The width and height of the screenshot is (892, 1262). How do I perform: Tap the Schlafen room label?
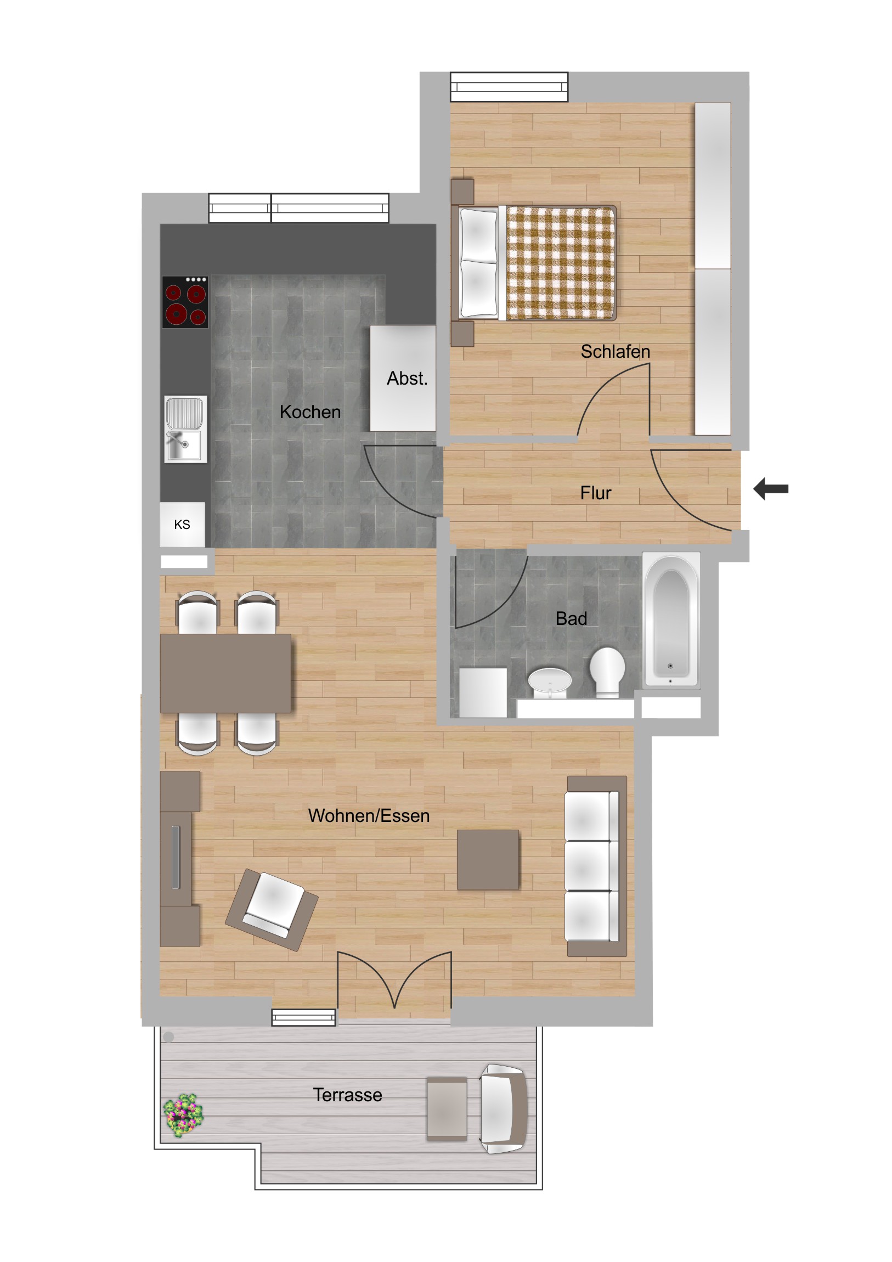click(x=615, y=352)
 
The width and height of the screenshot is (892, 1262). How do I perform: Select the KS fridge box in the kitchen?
click(x=183, y=525)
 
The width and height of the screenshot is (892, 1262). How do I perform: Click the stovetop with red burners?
click(x=185, y=302)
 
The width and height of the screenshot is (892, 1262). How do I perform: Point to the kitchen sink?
click(x=186, y=429)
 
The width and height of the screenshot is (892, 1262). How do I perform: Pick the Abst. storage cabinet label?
click(x=407, y=379)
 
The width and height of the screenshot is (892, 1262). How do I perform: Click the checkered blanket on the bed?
click(x=560, y=263)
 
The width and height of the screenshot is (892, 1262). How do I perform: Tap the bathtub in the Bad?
click(x=671, y=619)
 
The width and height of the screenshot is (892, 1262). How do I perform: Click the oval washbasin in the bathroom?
click(x=550, y=683)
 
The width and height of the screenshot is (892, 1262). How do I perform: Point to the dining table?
click(x=225, y=673)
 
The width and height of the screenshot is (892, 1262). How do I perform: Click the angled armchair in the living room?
click(x=272, y=909)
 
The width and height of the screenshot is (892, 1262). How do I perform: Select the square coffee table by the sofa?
click(x=488, y=859)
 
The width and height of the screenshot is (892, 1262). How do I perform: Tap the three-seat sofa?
click(x=597, y=866)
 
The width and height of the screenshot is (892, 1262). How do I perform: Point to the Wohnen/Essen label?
click(x=369, y=816)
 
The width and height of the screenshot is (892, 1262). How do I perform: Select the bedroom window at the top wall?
click(x=509, y=87)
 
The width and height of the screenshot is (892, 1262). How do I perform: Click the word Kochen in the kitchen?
click(x=310, y=412)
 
